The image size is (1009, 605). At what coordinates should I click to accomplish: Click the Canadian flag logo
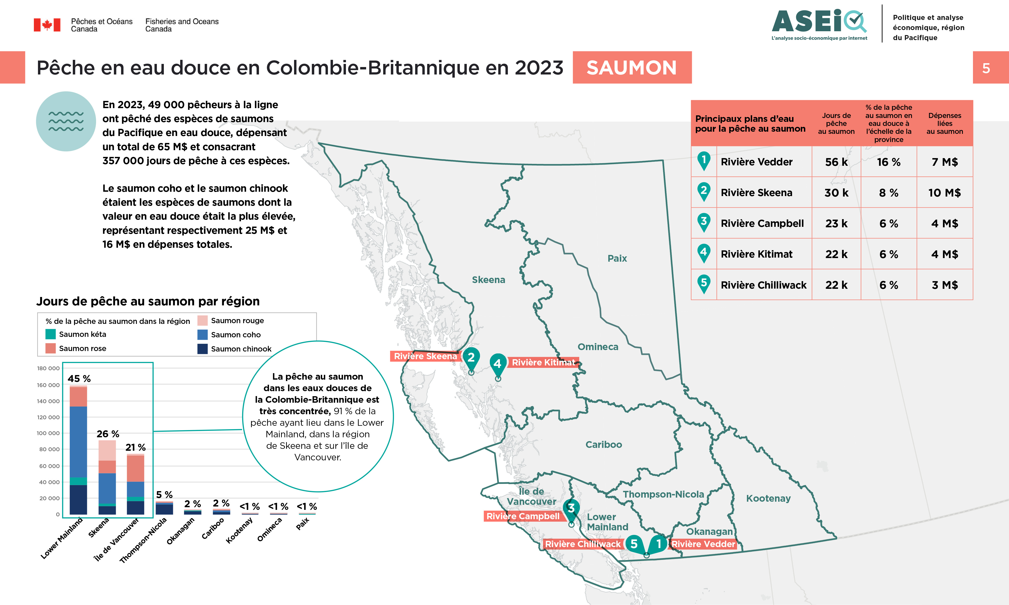(x=47, y=25)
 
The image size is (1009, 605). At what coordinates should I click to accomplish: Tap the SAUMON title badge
(x=632, y=68)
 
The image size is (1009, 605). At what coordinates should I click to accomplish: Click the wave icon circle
(x=66, y=122)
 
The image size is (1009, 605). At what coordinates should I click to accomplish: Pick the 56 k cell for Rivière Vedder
(x=836, y=162)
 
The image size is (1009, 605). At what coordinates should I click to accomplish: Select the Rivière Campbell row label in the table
(x=762, y=223)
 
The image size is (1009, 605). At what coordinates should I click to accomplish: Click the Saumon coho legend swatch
(x=203, y=335)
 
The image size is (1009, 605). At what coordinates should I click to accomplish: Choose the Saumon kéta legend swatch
(x=50, y=334)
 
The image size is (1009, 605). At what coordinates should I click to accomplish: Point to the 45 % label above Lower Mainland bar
(x=79, y=379)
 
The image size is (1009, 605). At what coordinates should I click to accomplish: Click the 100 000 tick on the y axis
(x=48, y=433)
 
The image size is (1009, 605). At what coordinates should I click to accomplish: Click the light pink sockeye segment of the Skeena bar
(x=107, y=450)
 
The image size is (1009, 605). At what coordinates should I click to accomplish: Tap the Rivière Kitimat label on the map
(x=543, y=362)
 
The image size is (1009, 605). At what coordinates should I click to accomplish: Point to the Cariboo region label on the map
(x=603, y=444)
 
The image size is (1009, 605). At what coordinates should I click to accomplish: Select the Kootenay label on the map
(x=768, y=498)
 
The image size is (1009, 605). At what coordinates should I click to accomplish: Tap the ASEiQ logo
(x=819, y=24)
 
